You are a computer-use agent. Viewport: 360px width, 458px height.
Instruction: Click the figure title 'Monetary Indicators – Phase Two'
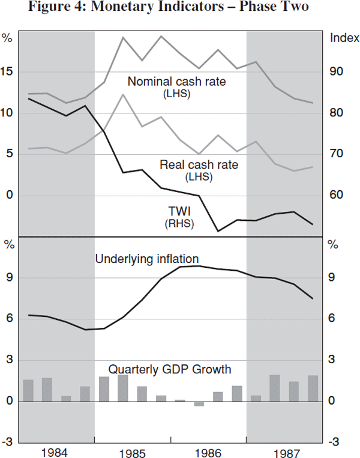(180, 8)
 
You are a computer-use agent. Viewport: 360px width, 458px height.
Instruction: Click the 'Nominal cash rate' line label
(176, 82)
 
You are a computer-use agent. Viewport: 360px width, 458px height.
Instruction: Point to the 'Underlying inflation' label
(147, 259)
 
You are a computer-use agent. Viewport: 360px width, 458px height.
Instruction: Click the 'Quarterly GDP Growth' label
(170, 369)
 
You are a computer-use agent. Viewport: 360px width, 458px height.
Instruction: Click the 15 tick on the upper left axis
(8, 72)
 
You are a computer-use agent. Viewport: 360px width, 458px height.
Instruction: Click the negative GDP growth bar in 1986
(199, 403)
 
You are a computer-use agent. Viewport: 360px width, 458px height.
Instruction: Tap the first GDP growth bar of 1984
(28, 390)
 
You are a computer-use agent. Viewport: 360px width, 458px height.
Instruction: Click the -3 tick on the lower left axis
(8, 442)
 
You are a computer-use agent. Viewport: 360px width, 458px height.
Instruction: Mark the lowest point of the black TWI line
(218, 231)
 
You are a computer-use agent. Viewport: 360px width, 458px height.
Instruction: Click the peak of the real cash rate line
(123, 95)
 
